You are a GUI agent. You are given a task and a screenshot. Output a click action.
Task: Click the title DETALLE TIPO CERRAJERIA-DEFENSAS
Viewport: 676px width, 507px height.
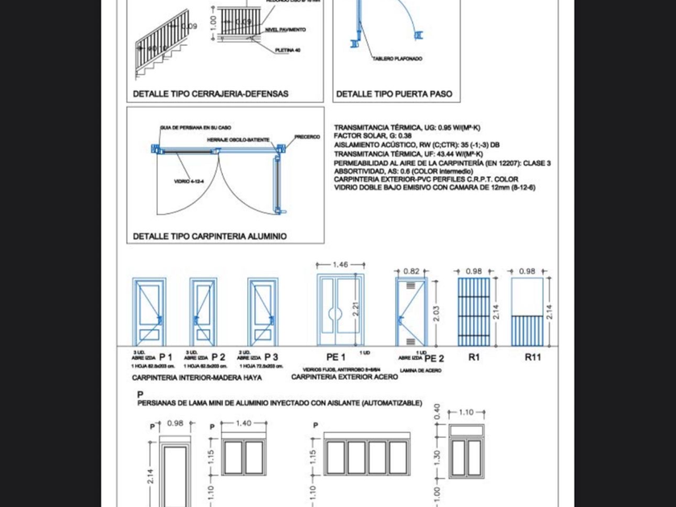(210, 94)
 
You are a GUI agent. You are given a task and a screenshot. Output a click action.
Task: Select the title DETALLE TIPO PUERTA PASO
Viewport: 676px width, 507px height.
(394, 94)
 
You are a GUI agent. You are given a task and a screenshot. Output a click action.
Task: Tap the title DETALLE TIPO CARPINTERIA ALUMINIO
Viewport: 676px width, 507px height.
(209, 237)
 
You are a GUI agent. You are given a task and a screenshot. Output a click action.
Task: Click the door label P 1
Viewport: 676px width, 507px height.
(165, 357)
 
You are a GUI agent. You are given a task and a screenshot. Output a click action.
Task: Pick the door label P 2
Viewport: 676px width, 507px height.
(218, 357)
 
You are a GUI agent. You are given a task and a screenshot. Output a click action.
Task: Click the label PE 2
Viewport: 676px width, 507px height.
(434, 358)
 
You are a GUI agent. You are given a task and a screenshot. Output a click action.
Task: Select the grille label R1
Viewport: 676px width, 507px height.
(474, 357)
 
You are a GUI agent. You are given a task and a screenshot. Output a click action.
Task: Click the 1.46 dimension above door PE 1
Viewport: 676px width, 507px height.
(340, 264)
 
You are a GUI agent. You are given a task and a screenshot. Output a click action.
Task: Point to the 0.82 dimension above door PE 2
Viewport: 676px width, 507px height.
(410, 272)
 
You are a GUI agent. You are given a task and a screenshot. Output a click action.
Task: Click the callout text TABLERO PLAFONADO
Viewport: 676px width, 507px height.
(397, 59)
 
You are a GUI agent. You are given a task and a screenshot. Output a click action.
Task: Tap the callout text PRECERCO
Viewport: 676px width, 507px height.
(307, 137)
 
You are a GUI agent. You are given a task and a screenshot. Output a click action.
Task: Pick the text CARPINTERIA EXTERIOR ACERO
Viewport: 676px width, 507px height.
(333, 377)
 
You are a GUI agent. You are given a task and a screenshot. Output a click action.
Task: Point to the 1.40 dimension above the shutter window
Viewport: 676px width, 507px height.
(243, 422)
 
